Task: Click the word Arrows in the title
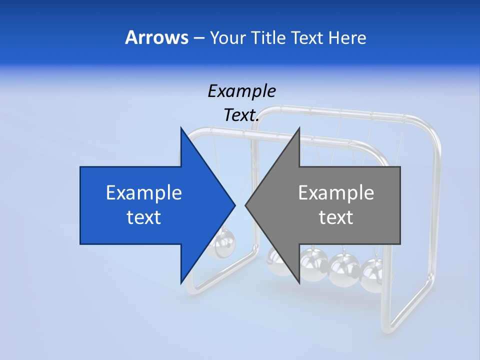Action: (156, 37)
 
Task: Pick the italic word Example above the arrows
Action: (241, 91)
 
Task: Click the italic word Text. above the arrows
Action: (241, 115)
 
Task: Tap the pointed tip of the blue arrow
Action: (234, 205)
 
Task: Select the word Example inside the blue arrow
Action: (144, 193)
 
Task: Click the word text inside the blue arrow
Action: (144, 217)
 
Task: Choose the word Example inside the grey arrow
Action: (336, 193)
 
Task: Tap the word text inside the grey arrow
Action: (336, 217)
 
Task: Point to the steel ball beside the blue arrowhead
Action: (219, 243)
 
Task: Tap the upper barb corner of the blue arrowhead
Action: (181, 127)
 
